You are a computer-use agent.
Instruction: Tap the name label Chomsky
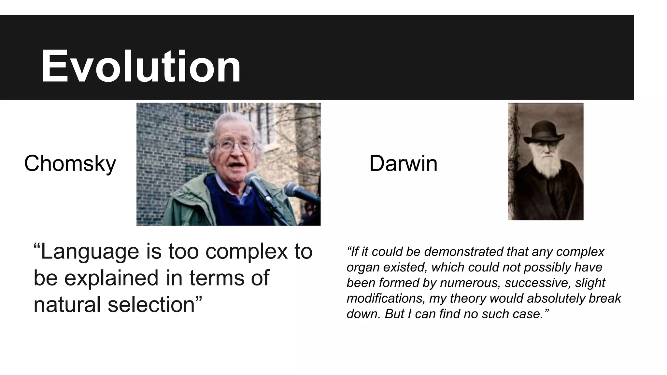[x=70, y=163]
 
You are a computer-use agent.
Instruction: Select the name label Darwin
[x=403, y=163]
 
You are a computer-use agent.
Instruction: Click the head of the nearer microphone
[x=252, y=179]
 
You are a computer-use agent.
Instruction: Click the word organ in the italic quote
[x=363, y=268]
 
